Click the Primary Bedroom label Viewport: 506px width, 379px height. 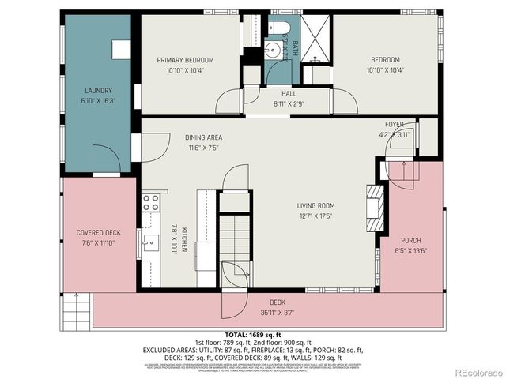[185, 60]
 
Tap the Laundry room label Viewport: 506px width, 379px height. [96, 91]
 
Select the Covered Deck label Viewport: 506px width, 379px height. [98, 232]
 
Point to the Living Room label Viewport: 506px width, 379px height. [315, 205]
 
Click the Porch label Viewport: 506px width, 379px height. [410, 240]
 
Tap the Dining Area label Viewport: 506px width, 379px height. [203, 137]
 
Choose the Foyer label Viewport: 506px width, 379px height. [394, 125]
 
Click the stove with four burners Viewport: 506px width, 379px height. [150, 202]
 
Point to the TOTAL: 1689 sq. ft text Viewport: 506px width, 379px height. [252, 334]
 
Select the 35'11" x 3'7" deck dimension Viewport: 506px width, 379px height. [276, 313]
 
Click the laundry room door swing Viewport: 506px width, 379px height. [105, 161]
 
